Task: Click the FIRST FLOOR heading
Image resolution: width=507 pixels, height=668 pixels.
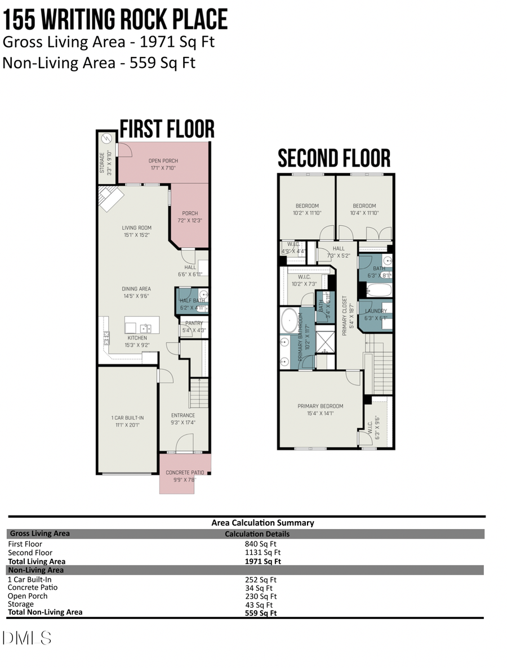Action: click(167, 129)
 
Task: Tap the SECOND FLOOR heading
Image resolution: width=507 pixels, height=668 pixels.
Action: click(333, 158)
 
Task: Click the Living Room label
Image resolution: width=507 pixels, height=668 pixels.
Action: click(136, 231)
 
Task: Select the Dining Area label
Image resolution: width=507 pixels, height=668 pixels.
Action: click(136, 292)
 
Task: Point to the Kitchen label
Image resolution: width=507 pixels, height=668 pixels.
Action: click(136, 342)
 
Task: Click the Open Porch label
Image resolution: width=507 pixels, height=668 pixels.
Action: click(163, 164)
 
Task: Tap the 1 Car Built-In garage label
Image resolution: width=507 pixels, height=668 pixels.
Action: click(127, 421)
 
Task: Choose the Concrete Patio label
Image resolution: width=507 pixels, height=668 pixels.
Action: click(185, 476)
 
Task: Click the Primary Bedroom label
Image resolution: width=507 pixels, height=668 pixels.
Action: click(320, 410)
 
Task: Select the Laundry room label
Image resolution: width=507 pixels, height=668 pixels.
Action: click(376, 315)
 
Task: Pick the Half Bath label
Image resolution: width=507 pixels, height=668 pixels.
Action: click(192, 304)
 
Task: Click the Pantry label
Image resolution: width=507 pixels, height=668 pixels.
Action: click(193, 327)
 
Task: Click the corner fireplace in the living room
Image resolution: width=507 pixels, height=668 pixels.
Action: click(111, 198)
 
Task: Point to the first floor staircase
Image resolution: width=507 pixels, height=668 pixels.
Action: click(199, 393)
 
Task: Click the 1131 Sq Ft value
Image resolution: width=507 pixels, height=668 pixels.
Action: click(260, 553)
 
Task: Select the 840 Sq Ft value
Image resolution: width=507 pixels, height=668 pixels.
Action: click(260, 544)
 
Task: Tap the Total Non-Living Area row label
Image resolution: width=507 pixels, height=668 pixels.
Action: click(45, 612)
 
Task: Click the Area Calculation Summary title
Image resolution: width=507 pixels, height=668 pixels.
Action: click(263, 523)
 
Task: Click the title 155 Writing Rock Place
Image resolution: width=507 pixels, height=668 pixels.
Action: click(115, 19)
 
